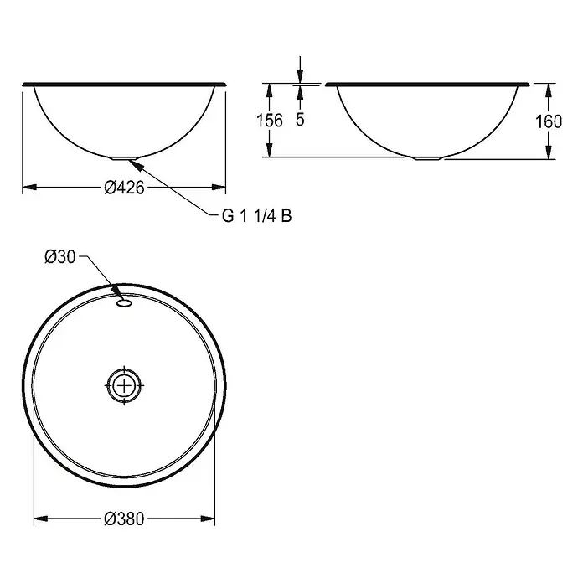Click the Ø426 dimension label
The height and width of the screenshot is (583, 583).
pyautogui.click(x=124, y=188)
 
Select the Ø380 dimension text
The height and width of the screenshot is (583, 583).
pyautogui.click(x=124, y=519)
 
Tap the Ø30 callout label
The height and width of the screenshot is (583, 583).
pyautogui.click(x=59, y=256)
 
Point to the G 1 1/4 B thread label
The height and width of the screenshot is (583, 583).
pyautogui.click(x=257, y=215)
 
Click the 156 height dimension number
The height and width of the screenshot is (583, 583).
pyautogui.click(x=270, y=121)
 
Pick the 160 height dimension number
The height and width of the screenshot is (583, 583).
pyautogui.click(x=549, y=121)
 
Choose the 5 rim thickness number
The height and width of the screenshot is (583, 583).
pyautogui.click(x=300, y=119)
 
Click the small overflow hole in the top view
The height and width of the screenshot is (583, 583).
pyautogui.click(x=124, y=303)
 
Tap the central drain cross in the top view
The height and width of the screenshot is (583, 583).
pyautogui.click(x=124, y=385)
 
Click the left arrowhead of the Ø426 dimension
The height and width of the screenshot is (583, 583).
pyautogui.click(x=30, y=187)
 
